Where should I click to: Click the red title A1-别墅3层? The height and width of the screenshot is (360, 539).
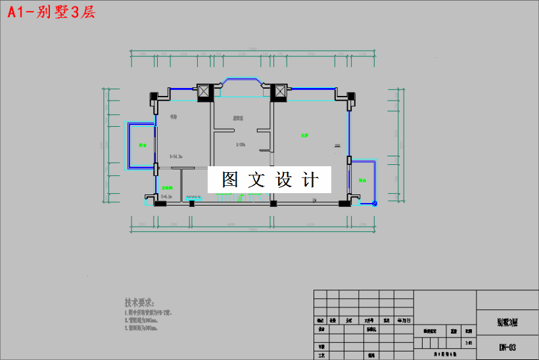pyautogui.click(x=51, y=12)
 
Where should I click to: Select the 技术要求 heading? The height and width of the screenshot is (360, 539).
pyautogui.click(x=139, y=303)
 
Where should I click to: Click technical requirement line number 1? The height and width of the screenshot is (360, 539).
pyautogui.click(x=148, y=313)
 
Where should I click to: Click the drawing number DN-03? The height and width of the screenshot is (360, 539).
pyautogui.click(x=507, y=346)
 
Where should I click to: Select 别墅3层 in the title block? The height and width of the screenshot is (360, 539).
pyautogui.click(x=507, y=322)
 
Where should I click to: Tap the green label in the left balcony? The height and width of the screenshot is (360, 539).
pyautogui.click(x=141, y=145)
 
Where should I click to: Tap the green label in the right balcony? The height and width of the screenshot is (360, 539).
pyautogui.click(x=362, y=180)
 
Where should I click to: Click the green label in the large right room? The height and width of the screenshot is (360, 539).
pyautogui.click(x=305, y=135)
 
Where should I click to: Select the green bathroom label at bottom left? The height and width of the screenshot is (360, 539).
pyautogui.click(x=167, y=187)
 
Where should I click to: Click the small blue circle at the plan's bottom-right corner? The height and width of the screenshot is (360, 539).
pyautogui.click(x=375, y=204)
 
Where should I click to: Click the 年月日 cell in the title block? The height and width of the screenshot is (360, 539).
pyautogui.click(x=403, y=321)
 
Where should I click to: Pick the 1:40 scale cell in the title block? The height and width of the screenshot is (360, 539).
pyautogui.click(x=467, y=342)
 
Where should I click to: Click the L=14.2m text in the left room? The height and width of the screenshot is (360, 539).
pyautogui.click(x=176, y=156)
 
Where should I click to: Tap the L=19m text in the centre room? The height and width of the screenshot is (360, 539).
pyautogui.click(x=240, y=145)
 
